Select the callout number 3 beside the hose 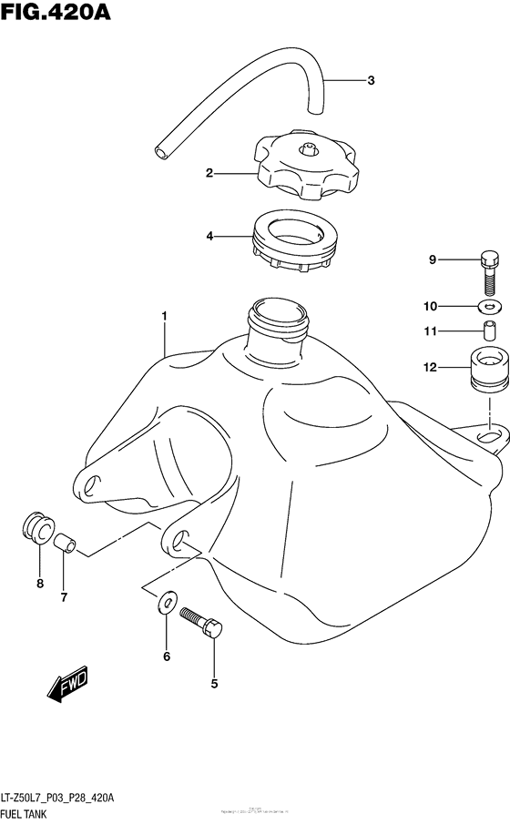click(371, 81)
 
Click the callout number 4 click(209, 237)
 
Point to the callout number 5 click(215, 682)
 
